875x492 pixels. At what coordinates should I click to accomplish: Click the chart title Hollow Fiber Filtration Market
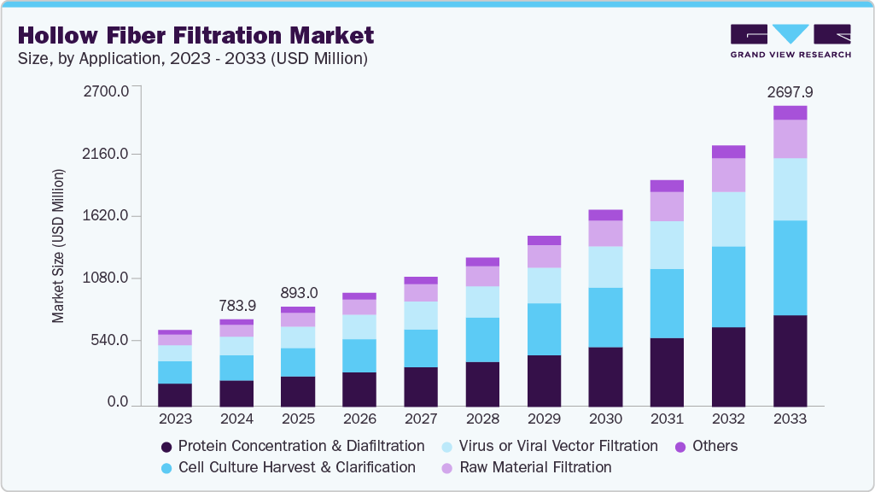[195, 36]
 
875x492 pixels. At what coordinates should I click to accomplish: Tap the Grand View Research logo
[790, 41]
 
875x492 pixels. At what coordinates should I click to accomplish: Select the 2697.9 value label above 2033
[790, 91]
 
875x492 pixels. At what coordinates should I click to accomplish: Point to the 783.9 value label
[236, 305]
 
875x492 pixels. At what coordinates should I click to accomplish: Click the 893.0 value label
[298, 292]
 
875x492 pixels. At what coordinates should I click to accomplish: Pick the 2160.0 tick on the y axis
[105, 154]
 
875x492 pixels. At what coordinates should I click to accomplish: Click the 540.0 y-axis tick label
[108, 340]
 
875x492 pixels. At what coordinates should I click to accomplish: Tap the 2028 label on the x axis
[482, 419]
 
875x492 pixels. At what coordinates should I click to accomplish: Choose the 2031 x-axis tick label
[667, 419]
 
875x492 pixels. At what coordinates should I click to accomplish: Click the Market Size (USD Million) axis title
[58, 247]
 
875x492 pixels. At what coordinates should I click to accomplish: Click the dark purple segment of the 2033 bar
[790, 360]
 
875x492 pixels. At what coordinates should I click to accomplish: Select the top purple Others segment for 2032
[728, 152]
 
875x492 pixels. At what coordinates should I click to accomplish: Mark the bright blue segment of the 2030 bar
[605, 318]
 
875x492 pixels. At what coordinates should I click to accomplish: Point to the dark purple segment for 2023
[175, 395]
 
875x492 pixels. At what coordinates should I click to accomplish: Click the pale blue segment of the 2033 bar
[790, 189]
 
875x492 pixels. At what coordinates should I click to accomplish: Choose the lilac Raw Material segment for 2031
[667, 207]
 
